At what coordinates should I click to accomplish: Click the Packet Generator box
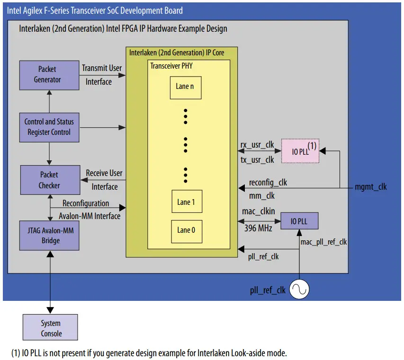click(49, 75)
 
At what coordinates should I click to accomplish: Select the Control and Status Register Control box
click(49, 127)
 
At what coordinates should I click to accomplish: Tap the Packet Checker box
click(49, 180)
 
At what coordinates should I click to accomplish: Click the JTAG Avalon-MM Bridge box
click(49, 235)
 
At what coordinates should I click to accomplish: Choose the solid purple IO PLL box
click(299, 221)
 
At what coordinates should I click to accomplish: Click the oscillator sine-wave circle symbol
click(299, 290)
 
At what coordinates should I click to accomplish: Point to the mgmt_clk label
click(370, 187)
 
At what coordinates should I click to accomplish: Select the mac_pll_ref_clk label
click(323, 242)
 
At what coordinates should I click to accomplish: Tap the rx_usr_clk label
click(258, 144)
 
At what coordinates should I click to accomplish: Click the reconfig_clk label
click(268, 182)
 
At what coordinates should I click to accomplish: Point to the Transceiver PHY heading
click(171, 66)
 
